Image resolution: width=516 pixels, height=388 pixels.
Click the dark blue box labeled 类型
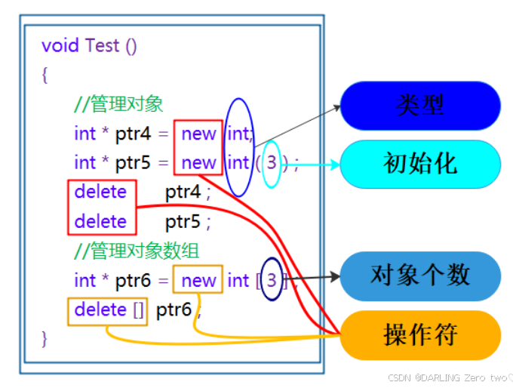pos(420,106)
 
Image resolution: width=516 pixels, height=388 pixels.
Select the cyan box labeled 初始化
pos(420,164)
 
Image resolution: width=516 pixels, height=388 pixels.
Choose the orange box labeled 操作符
pos(420,334)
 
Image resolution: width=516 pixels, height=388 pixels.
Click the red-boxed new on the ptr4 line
pos(198,134)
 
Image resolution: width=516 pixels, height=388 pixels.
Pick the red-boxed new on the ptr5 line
pos(198,163)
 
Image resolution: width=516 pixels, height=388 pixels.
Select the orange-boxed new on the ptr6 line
pos(198,281)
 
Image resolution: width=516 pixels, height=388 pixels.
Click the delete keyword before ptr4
pos(101,192)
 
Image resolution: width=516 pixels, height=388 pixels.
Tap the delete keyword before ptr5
pos(101,222)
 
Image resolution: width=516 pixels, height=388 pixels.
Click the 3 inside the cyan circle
pos(272,163)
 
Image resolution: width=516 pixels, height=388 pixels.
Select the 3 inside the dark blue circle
pos(273,281)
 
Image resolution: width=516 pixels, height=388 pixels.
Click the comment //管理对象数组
pos(137,251)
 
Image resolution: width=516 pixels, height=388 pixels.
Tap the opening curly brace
pos(45,75)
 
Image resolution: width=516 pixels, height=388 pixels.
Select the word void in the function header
pos(60,45)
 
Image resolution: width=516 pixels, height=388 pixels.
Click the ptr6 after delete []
pos(174,310)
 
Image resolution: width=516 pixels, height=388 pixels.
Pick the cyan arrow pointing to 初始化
pos(317,164)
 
